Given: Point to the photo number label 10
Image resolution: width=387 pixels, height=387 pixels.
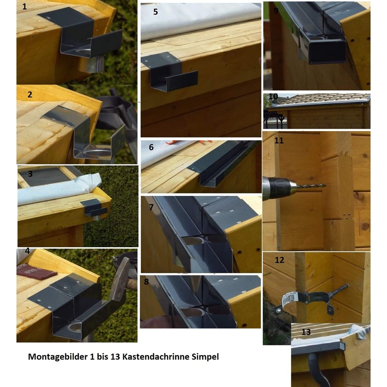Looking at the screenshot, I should pos(273,97).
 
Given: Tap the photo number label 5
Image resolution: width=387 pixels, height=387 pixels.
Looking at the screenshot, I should pos(155,12).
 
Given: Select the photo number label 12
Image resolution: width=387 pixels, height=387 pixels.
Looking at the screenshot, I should pos(279,260).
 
